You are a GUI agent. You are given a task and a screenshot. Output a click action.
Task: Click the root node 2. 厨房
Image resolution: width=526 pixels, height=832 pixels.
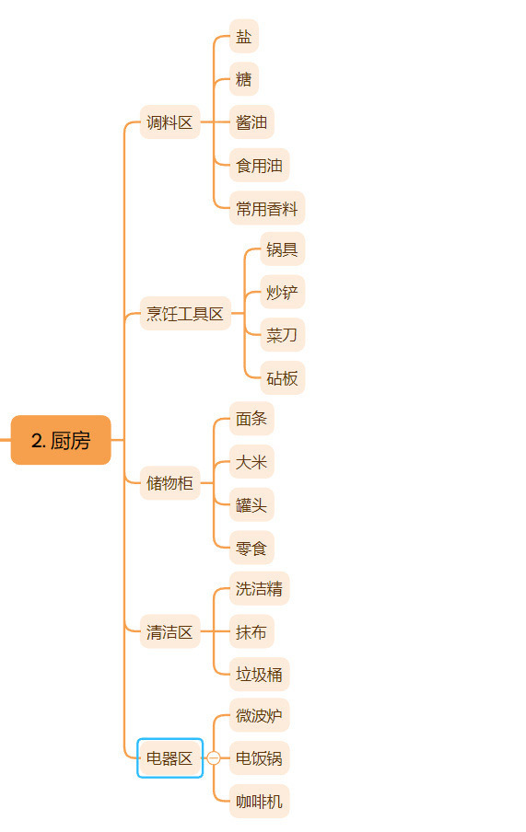point(61,440)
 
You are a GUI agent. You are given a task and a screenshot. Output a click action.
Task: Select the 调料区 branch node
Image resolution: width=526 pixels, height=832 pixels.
point(170,122)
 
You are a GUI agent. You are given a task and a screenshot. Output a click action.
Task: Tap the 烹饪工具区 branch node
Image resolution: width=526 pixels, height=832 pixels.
point(185,314)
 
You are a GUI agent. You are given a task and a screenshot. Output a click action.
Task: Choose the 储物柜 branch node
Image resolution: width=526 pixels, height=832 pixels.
point(170,483)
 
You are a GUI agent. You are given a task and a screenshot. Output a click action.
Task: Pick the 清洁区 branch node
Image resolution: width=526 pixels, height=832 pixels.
point(170,631)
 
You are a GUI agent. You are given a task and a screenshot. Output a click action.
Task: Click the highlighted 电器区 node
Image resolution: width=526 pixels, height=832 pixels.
point(170,758)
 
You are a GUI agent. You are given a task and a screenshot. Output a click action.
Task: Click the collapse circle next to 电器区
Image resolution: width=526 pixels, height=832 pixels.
point(214,758)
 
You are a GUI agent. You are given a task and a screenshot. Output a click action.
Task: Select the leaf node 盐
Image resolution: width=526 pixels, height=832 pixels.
point(244,36)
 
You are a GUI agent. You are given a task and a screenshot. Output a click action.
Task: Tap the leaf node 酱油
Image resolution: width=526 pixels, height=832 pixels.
point(251,122)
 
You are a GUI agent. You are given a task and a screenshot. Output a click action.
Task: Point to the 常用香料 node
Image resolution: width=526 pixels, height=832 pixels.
point(267,208)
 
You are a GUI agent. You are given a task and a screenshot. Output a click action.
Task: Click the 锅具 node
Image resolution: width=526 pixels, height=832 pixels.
point(283,248)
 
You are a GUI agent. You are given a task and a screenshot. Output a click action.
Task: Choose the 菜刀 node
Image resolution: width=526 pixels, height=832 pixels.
point(283,335)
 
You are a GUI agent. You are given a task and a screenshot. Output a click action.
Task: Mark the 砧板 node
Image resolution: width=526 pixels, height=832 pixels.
point(283,377)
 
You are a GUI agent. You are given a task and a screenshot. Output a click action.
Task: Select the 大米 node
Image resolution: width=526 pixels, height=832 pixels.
point(251,462)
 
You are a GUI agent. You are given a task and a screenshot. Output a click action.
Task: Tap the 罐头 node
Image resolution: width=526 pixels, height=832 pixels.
point(251,504)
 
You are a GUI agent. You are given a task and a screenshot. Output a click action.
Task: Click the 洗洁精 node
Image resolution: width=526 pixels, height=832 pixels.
point(259,588)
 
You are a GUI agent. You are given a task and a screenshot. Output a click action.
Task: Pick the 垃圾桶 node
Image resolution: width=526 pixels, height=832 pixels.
point(259,675)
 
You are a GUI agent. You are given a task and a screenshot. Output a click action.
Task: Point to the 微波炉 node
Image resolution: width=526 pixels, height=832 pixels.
point(259,715)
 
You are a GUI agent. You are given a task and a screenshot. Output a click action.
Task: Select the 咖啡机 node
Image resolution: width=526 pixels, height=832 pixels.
point(259,802)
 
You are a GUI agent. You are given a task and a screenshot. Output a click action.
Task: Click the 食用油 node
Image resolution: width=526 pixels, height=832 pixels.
point(259,165)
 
